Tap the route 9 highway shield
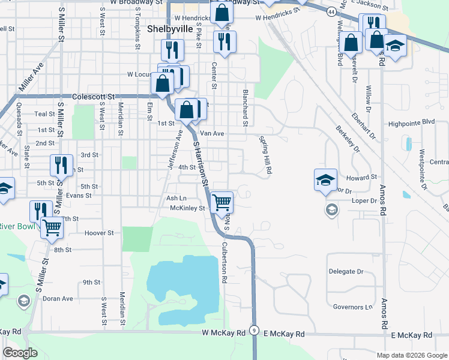click(x=255, y=331)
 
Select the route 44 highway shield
click(x=331, y=11)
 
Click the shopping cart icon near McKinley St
click(x=222, y=202)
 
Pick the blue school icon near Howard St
click(x=325, y=179)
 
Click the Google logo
click(x=20, y=353)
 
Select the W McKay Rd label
click(x=224, y=332)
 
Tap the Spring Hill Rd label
click(x=265, y=154)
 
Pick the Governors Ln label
click(x=353, y=307)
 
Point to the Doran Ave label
click(x=58, y=298)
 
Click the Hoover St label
click(x=99, y=233)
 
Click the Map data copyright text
click(x=411, y=355)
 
